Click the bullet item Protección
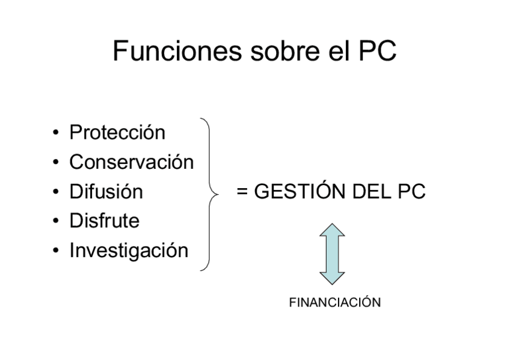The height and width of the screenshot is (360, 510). [117, 132]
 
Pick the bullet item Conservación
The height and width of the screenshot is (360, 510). [132, 162]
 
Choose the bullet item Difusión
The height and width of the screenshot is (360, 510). [106, 192]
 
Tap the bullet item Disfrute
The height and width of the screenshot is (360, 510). [105, 221]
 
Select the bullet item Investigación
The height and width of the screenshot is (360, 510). [129, 250]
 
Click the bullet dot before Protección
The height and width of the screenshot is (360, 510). [56, 133]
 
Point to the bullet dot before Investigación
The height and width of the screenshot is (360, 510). [56, 251]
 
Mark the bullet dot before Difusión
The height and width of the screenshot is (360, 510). [56, 192]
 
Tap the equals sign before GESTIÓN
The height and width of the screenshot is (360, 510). [242, 192]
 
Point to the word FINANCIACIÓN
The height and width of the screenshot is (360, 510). [335, 302]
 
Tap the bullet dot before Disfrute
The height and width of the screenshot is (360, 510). [56, 221]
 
